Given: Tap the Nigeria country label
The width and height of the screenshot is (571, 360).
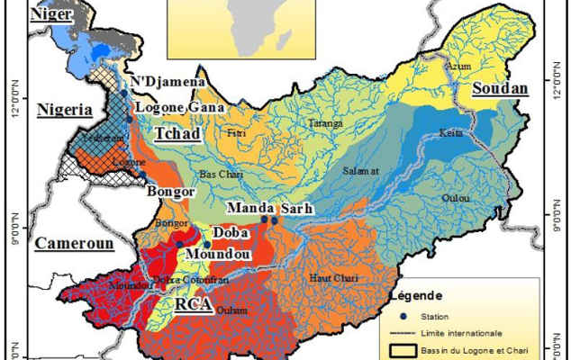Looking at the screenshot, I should [x=64, y=110].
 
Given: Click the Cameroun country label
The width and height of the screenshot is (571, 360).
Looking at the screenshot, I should [x=74, y=244].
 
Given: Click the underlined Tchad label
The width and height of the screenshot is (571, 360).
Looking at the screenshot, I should [x=177, y=132].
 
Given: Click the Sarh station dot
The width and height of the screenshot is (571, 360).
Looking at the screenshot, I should [x=274, y=220].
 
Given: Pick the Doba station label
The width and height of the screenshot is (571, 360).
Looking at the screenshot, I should [x=231, y=232].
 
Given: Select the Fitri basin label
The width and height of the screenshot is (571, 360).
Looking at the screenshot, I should [x=237, y=133].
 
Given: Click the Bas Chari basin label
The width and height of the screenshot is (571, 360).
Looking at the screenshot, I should [x=220, y=173].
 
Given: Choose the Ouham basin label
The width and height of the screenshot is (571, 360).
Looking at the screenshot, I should [x=232, y=310].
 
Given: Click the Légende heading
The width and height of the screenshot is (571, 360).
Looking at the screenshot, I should [x=415, y=295].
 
